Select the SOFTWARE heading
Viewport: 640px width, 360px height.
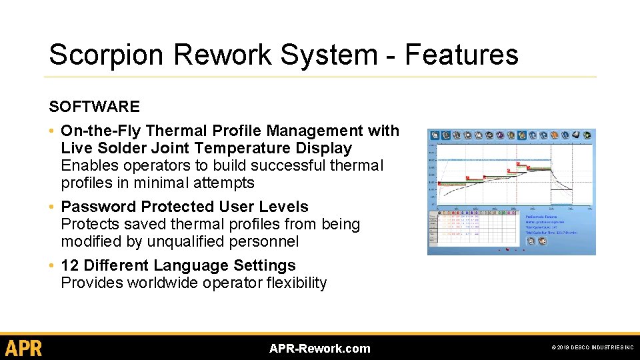click(94, 107)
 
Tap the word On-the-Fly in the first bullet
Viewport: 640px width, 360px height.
click(100, 131)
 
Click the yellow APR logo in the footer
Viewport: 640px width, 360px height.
click(23, 348)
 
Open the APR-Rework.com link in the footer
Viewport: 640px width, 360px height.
click(319, 349)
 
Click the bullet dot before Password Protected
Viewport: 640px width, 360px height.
click(52, 207)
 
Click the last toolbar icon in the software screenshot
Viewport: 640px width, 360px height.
click(587, 135)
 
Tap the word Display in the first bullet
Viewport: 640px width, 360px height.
click(324, 148)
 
